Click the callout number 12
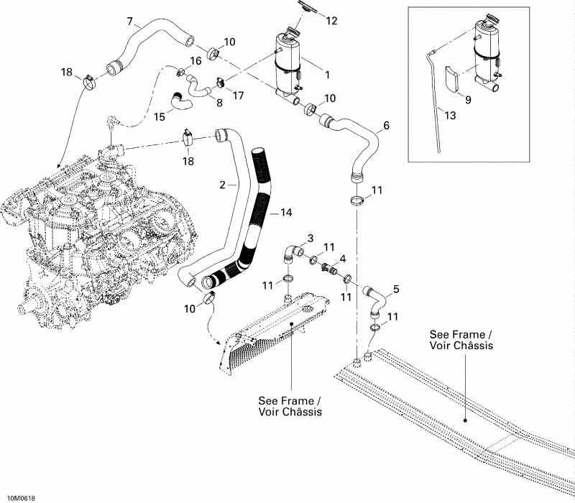pos(331,20)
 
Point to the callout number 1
pos(327,73)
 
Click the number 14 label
pos(287,213)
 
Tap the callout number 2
pos(223,185)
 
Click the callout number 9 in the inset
pos(467,101)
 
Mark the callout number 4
pos(343,258)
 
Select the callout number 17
pos(237,95)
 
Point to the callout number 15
pos(160,115)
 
